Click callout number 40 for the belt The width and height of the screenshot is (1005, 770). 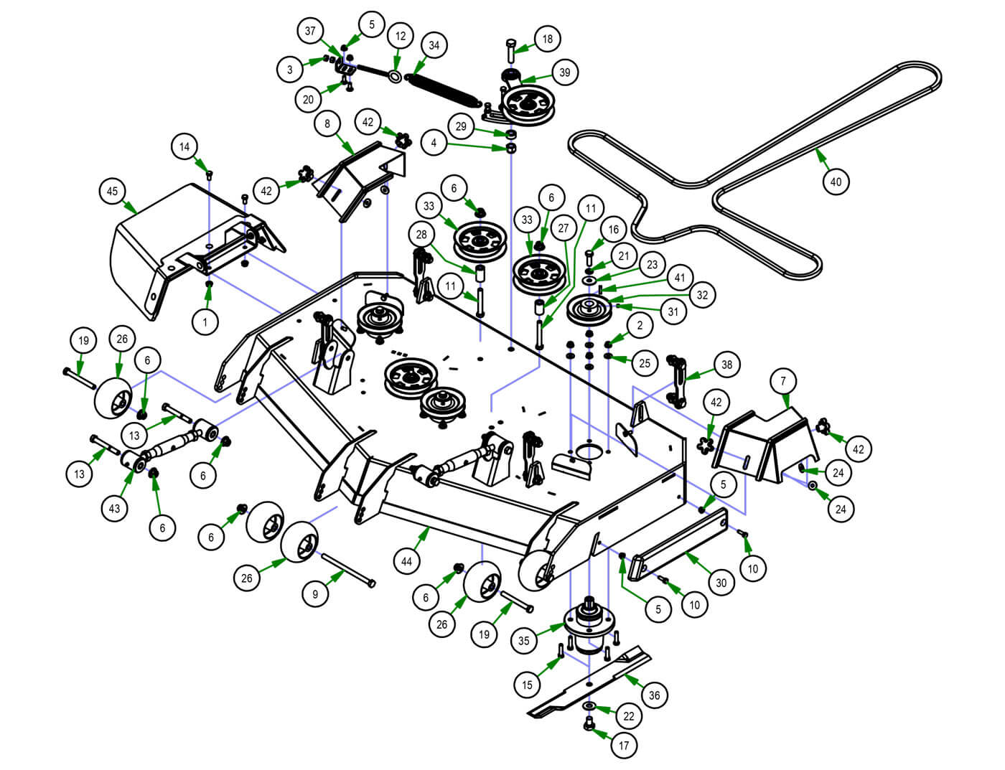tap(836, 182)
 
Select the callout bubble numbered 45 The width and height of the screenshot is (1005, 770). tap(112, 192)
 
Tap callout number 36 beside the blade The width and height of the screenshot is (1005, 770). tap(653, 695)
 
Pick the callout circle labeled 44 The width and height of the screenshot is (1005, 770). tap(407, 561)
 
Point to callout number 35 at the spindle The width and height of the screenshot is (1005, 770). tap(524, 640)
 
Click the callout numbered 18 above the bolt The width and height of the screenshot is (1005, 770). tap(548, 39)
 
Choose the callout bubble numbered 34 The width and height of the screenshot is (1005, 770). tap(434, 45)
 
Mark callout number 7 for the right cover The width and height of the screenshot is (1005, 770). tap(783, 381)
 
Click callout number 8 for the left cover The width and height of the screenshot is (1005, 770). tap(327, 123)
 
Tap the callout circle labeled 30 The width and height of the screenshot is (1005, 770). tap(721, 582)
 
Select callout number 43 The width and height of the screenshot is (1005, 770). tap(115, 508)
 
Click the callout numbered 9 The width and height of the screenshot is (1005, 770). tap(314, 594)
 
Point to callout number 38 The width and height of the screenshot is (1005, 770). tap(726, 365)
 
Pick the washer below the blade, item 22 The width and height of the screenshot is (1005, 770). tap(589, 707)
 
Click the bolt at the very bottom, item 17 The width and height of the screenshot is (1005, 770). tap(589, 723)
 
